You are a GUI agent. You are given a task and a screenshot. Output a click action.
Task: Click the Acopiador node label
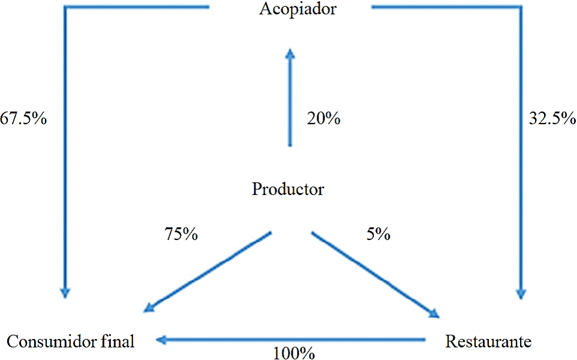(x=290, y=10)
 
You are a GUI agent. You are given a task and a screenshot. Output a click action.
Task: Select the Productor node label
(x=288, y=190)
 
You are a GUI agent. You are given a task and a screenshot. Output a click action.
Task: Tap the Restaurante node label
(x=488, y=342)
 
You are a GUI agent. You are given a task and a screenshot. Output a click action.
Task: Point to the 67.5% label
(x=23, y=119)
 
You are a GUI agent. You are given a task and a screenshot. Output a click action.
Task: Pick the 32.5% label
(x=552, y=119)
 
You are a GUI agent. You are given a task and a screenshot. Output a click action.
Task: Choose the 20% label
(x=323, y=119)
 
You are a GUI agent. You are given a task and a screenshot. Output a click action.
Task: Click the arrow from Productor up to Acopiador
(x=290, y=99)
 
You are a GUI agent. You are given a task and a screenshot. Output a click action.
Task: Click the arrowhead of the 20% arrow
(x=290, y=54)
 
